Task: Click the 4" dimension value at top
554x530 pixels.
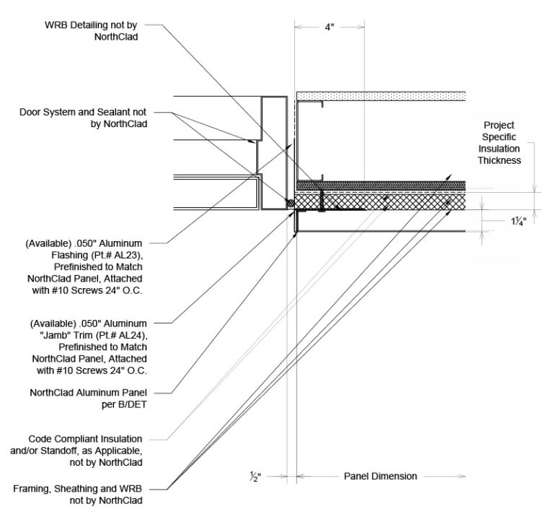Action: click(x=329, y=27)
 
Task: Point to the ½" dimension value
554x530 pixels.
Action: click(x=275, y=477)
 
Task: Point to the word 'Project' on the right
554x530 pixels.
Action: click(x=498, y=125)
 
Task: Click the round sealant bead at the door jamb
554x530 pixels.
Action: click(x=291, y=204)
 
